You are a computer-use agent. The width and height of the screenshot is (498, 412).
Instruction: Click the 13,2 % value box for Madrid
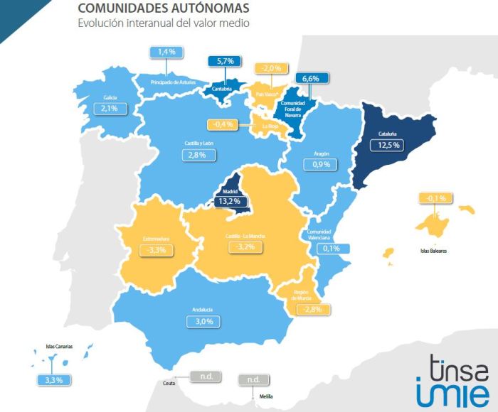point(231,201)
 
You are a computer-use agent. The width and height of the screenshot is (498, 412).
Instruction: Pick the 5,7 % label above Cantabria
point(223,62)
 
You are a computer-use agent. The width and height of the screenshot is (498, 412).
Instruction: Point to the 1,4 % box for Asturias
point(166,52)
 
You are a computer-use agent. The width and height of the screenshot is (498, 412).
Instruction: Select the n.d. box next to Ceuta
point(206,376)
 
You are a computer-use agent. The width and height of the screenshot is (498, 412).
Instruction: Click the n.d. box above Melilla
point(254,379)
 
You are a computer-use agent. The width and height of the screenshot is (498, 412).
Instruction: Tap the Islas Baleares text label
point(437,251)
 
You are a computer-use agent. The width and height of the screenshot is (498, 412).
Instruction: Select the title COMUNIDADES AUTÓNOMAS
point(163,9)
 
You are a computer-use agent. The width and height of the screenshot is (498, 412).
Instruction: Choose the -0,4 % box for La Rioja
point(225,125)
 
